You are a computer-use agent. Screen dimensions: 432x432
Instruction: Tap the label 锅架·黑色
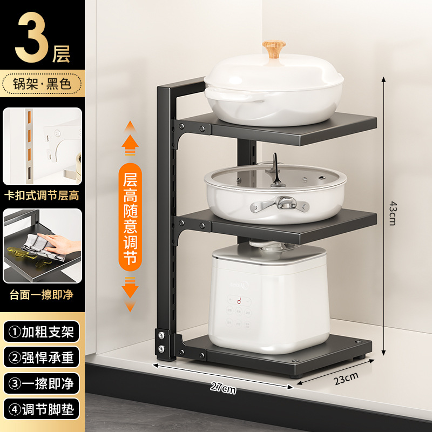tap(42, 84)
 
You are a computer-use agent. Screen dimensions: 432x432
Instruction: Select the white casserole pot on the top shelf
tap(274, 92)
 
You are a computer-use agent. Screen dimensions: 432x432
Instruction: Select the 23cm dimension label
tap(346, 379)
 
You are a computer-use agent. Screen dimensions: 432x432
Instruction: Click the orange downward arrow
tap(130, 292)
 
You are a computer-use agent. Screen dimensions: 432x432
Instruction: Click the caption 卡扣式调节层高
tap(42, 194)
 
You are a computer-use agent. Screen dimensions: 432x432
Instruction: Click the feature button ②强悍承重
tap(42, 357)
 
